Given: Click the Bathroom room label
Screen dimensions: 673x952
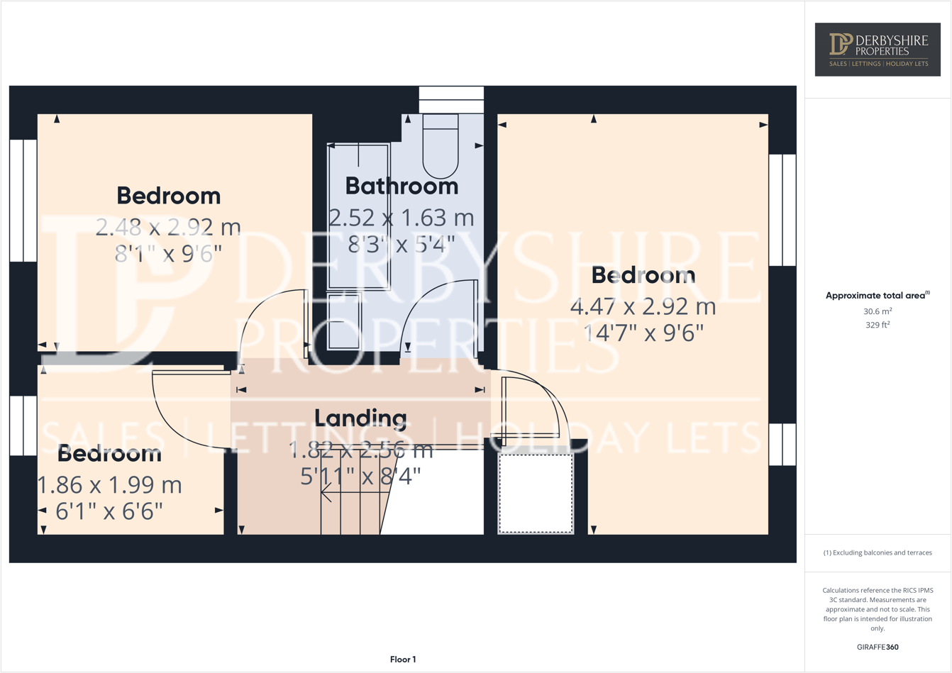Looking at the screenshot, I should pos(402,186).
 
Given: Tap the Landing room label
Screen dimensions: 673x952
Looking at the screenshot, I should pos(360,418).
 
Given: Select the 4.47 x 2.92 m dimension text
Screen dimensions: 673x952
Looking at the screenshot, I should pos(643,307).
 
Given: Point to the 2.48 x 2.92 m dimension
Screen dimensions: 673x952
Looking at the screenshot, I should pos(168,228).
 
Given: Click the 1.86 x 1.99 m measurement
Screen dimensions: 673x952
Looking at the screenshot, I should pos(109,485).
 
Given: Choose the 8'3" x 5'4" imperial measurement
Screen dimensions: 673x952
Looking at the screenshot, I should pos(402,245).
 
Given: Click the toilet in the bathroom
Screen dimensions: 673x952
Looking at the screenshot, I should pos(441,148).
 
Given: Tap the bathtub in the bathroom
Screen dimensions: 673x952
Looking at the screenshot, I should pos(359,216).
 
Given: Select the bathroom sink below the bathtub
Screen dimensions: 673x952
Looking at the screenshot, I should pos(344,321).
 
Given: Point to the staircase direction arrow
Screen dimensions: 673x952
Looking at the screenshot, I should pos(326,491).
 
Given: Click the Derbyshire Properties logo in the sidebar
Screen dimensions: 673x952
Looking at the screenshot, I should pos(878,50).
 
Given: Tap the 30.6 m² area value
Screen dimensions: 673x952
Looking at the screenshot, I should pos(878,311).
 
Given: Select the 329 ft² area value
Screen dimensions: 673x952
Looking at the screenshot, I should pos(878,325).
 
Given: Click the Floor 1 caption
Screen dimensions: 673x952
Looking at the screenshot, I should pos(403,660).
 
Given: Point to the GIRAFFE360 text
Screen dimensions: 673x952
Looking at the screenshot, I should pos(878,647).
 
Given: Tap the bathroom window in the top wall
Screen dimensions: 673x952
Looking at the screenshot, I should pos(451,99).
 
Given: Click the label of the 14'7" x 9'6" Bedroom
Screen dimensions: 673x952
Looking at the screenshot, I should pos(643,275).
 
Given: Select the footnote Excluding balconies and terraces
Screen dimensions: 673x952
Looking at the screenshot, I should pos(878,552).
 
